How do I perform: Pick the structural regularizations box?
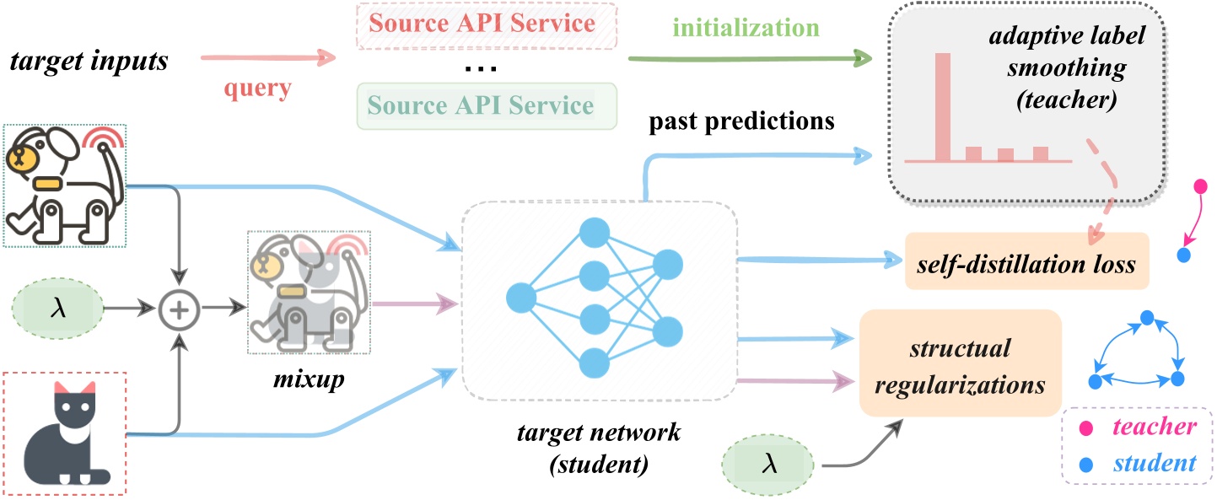pos(960,363)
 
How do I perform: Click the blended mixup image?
pos(309,292)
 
